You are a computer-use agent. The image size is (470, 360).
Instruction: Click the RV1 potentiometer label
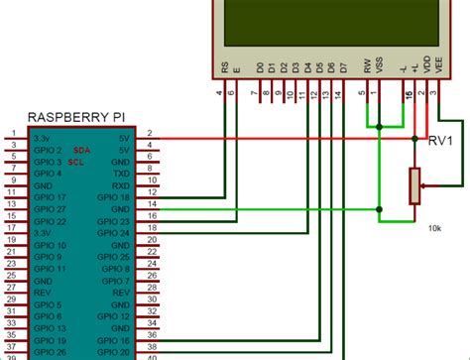click(x=441, y=142)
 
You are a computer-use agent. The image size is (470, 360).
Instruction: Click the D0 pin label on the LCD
click(x=260, y=68)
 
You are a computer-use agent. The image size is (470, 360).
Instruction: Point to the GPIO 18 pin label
click(x=115, y=196)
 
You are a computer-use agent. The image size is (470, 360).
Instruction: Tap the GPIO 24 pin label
click(x=115, y=232)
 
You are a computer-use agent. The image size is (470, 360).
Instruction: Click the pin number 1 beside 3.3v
click(x=13, y=133)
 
